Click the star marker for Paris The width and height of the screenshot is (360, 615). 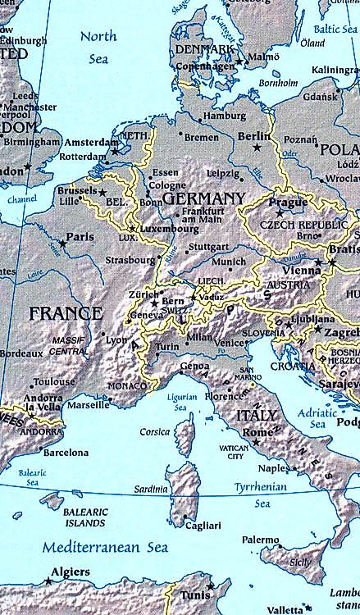pos(62,244)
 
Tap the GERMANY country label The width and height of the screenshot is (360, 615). pos(203,199)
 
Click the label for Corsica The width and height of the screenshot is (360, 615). pos(155,431)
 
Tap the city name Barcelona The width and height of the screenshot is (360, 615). pos(66,453)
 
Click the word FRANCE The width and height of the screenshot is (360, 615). pos(66,313)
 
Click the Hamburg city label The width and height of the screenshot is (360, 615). pos(224,116)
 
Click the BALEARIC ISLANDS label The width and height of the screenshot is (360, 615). pos(86,517)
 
